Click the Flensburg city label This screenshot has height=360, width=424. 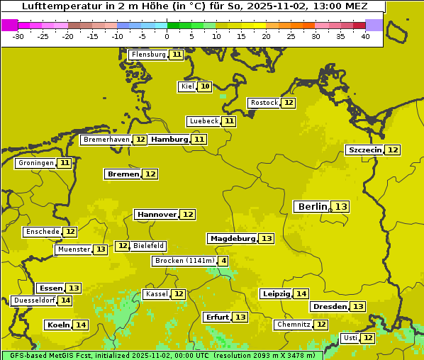(148, 55)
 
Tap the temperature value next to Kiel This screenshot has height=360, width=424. (204, 86)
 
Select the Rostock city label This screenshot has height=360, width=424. (264, 103)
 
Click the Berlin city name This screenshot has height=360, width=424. (312, 206)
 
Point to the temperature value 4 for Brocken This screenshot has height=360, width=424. (223, 261)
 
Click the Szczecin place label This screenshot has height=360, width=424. (364, 150)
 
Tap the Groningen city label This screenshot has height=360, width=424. (35, 163)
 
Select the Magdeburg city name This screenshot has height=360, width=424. (232, 238)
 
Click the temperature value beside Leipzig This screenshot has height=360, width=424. (301, 293)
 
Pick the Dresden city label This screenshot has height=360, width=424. (329, 306)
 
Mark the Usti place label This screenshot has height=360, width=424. (350, 338)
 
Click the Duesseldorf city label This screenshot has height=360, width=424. (34, 300)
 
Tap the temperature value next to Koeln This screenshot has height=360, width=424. (81, 325)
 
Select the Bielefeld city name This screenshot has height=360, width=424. (148, 246)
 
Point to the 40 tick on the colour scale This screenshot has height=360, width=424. (365, 36)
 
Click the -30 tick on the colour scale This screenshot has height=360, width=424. (18, 36)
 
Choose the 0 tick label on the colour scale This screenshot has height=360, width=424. (167, 36)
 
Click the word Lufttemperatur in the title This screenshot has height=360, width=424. (55, 6)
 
